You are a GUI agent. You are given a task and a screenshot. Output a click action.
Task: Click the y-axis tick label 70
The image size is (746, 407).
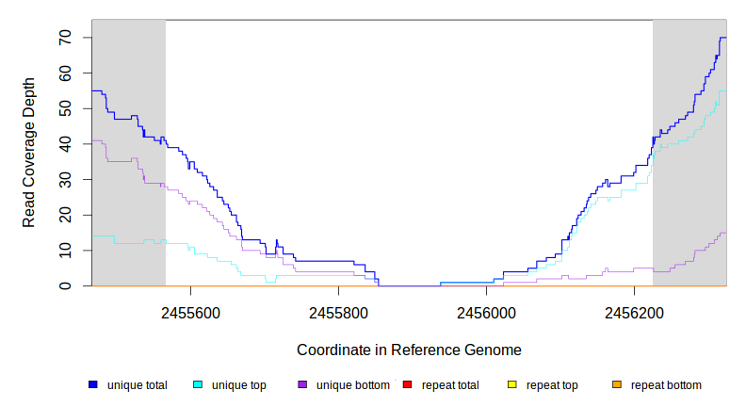(64, 38)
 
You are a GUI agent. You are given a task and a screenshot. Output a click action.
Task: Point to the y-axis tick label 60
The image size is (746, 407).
(64, 73)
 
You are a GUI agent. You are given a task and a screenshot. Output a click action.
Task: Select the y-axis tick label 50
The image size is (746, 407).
(64, 108)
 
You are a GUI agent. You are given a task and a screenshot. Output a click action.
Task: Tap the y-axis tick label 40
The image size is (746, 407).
(64, 144)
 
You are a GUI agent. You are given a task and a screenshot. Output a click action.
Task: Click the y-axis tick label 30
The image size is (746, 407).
(64, 179)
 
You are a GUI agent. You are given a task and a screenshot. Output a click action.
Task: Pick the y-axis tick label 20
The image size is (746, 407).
(64, 215)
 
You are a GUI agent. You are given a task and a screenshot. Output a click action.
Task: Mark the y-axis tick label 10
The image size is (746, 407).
(64, 251)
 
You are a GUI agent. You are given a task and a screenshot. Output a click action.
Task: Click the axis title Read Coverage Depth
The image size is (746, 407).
(29, 153)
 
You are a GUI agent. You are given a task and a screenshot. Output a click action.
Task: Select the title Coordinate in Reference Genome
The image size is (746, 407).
(409, 350)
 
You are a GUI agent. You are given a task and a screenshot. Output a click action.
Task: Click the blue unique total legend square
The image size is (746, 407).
(93, 385)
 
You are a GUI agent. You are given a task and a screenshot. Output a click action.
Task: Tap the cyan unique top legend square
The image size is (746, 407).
(198, 385)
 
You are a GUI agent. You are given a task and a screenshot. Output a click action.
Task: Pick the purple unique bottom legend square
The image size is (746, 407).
(302, 385)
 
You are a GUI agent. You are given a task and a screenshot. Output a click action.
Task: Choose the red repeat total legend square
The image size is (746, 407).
(407, 385)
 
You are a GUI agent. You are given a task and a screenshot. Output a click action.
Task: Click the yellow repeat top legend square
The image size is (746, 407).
(511, 385)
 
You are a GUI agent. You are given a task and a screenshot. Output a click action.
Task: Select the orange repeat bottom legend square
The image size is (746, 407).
(616, 385)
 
